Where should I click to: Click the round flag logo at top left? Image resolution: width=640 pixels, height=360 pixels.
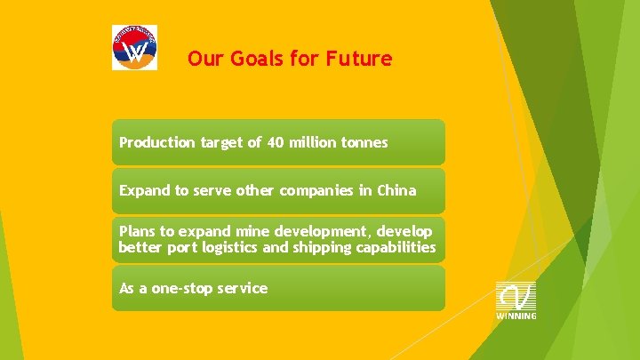(134, 47)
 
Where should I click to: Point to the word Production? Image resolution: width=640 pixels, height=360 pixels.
(155, 142)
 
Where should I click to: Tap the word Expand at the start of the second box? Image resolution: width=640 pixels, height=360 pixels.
(143, 190)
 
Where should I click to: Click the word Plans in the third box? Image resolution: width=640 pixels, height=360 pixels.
(138, 231)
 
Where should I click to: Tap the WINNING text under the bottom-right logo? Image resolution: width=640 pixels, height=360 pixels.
(516, 316)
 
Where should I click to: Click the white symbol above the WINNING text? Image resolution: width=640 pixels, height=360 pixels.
(516, 295)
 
